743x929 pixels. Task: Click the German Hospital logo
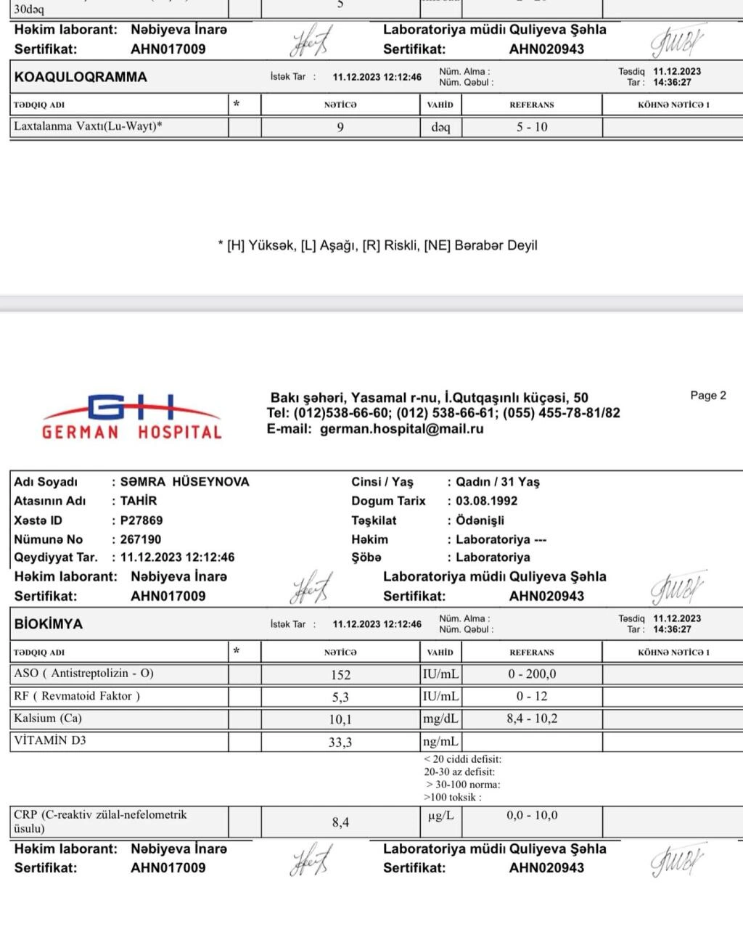coord(132,417)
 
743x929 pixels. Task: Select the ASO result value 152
coord(340,674)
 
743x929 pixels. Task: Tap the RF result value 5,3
coord(340,697)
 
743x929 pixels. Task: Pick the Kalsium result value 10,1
coord(340,719)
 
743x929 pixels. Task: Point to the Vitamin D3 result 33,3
coord(340,742)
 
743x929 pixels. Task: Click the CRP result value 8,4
coord(340,822)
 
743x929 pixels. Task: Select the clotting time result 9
coord(340,127)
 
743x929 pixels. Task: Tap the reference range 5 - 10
coord(532,127)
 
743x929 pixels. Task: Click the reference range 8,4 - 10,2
coord(532,719)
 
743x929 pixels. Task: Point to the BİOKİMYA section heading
coord(49,624)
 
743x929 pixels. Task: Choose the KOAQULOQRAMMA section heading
coord(81,77)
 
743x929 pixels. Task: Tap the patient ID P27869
coord(141,520)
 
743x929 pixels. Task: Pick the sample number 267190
coord(141,539)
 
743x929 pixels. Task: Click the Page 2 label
coord(708,396)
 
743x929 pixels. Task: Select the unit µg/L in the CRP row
coord(440,816)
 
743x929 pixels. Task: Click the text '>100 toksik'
coord(453,797)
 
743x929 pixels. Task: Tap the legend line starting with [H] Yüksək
coord(377,245)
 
